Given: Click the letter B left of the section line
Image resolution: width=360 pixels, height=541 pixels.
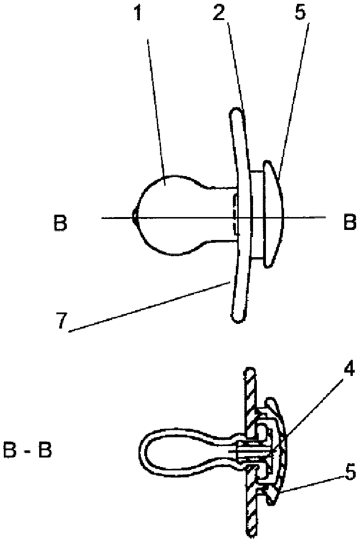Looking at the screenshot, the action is [60, 223].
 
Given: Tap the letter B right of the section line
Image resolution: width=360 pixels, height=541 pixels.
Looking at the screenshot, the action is [350, 223].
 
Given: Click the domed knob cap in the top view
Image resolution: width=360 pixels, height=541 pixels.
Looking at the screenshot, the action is [273, 215].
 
